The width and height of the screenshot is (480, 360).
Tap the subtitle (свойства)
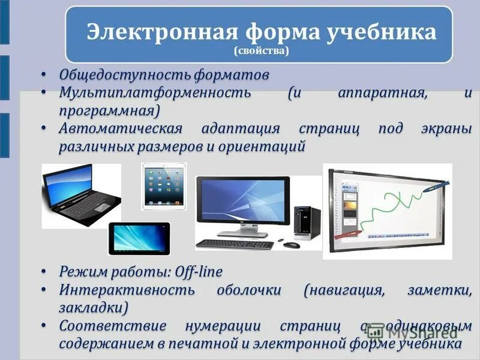click(x=262, y=52)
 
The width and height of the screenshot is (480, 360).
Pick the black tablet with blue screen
click(x=139, y=238)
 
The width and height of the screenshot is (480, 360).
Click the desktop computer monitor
click(x=242, y=203)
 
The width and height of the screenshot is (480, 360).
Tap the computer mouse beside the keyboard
click(x=291, y=245)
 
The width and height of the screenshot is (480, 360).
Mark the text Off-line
click(x=198, y=272)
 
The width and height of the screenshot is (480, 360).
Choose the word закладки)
click(x=94, y=308)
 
